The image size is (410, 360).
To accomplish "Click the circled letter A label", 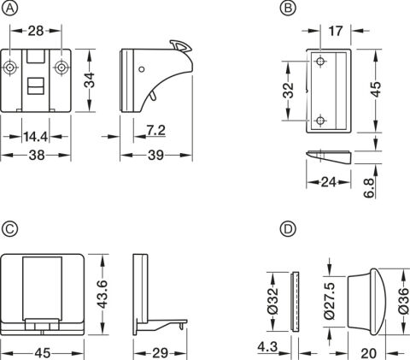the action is point(9,9).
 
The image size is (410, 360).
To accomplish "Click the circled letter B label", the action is point(288,9).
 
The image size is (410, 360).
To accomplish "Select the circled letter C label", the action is point(9,229).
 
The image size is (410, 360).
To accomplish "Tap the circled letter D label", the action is point(288,229).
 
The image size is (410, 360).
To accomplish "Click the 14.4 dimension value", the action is point(35,137).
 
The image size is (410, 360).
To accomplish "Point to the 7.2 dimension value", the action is point(156,131).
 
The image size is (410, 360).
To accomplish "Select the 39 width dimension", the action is point(156,156).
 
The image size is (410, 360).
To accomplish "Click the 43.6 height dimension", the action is point(102,294).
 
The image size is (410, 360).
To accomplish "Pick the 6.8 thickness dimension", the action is point(369,188).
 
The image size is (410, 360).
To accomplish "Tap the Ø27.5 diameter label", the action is point(331,301).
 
